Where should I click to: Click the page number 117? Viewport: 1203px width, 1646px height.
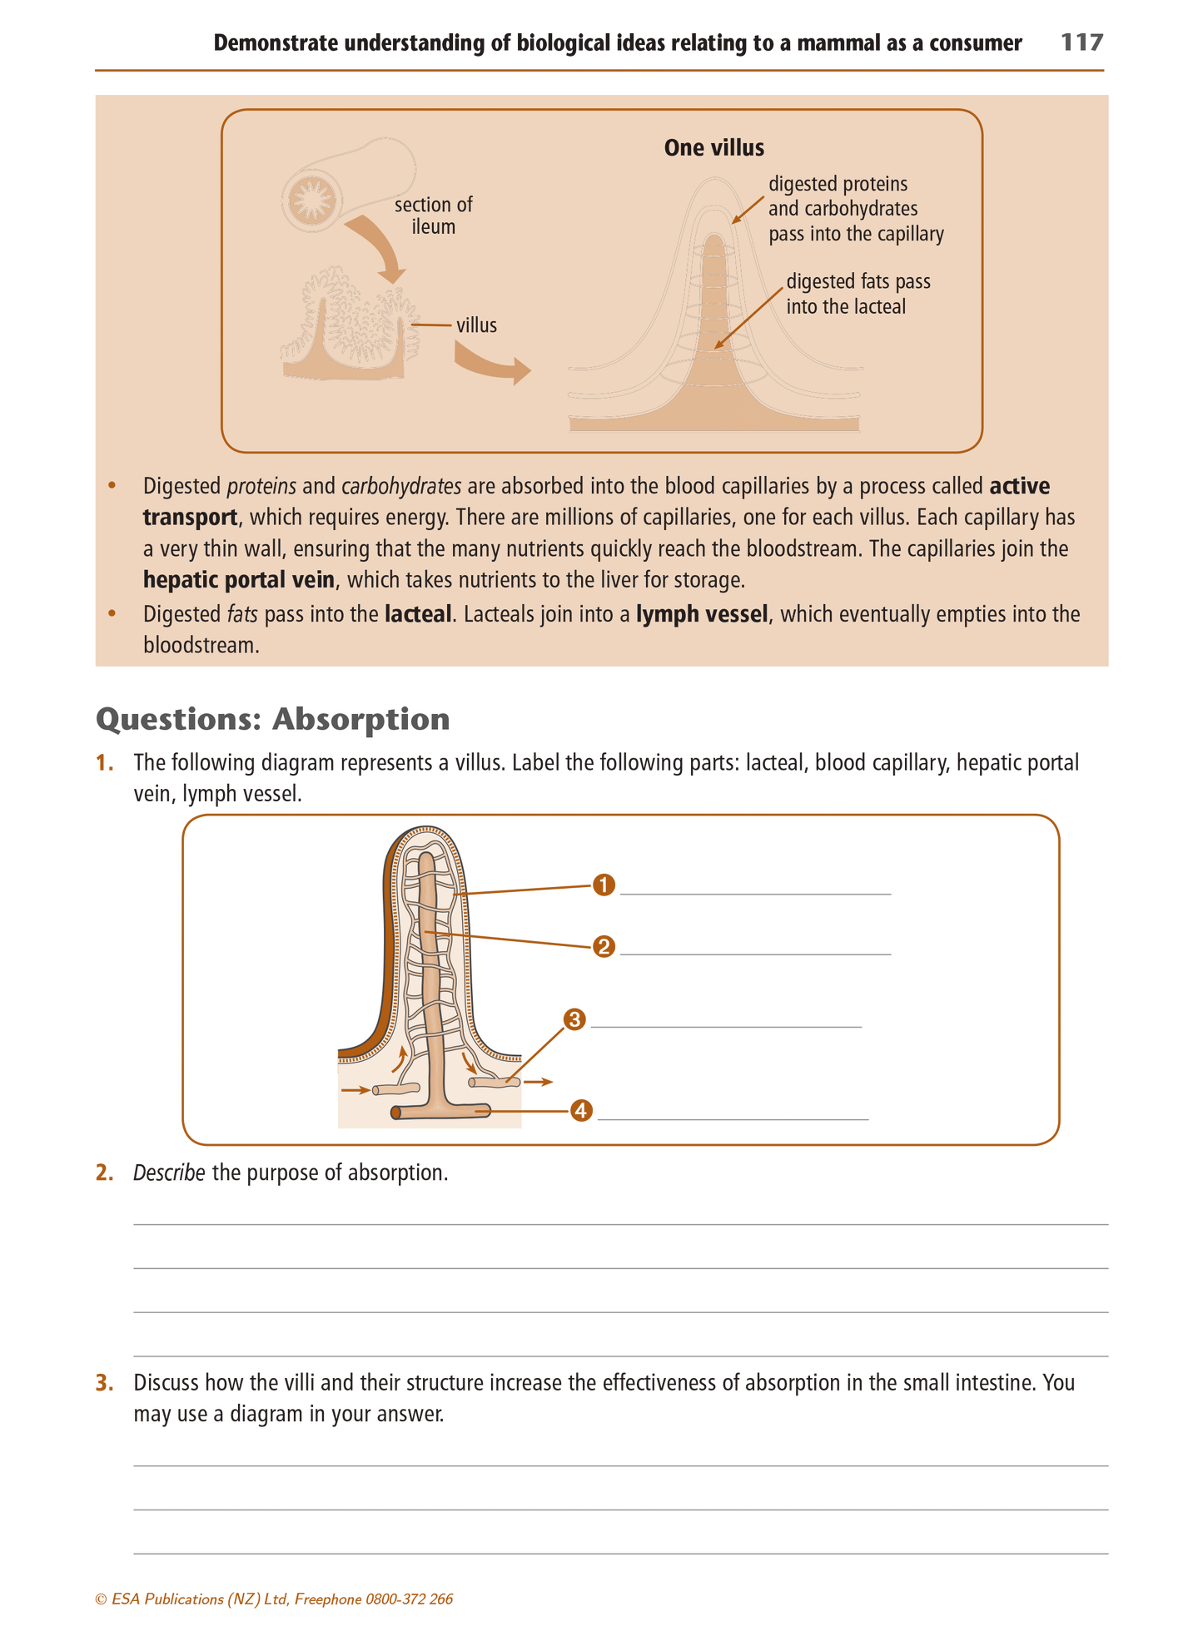click(1081, 42)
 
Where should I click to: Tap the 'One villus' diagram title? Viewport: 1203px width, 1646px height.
click(713, 148)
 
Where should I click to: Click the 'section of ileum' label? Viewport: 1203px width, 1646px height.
click(433, 216)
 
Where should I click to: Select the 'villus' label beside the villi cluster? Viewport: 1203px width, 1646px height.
click(476, 325)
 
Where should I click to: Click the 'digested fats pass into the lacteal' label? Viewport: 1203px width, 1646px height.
click(858, 294)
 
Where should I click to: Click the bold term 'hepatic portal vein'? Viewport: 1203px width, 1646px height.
click(238, 579)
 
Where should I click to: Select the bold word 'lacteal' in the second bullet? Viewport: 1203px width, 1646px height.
click(418, 614)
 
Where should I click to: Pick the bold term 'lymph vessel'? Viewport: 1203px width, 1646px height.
click(702, 614)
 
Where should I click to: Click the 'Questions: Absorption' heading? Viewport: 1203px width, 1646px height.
click(273, 719)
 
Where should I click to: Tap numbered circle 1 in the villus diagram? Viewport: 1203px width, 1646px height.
click(604, 885)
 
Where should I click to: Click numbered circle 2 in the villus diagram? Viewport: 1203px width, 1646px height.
click(604, 946)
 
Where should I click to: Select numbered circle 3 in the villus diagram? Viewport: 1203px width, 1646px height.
click(574, 1019)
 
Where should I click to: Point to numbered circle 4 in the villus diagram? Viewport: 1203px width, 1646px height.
click(581, 1111)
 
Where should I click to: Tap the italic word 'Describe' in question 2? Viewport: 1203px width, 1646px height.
click(169, 1173)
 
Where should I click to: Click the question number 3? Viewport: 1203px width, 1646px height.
click(104, 1383)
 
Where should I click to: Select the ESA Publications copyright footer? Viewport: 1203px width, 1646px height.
click(275, 1599)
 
